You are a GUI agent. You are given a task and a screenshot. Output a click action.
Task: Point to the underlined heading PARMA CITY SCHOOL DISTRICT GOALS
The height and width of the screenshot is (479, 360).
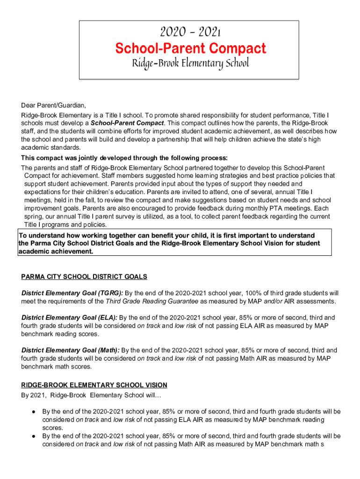[84, 277]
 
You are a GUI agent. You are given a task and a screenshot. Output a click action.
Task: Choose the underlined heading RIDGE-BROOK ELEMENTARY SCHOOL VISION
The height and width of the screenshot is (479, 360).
[94, 385]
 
